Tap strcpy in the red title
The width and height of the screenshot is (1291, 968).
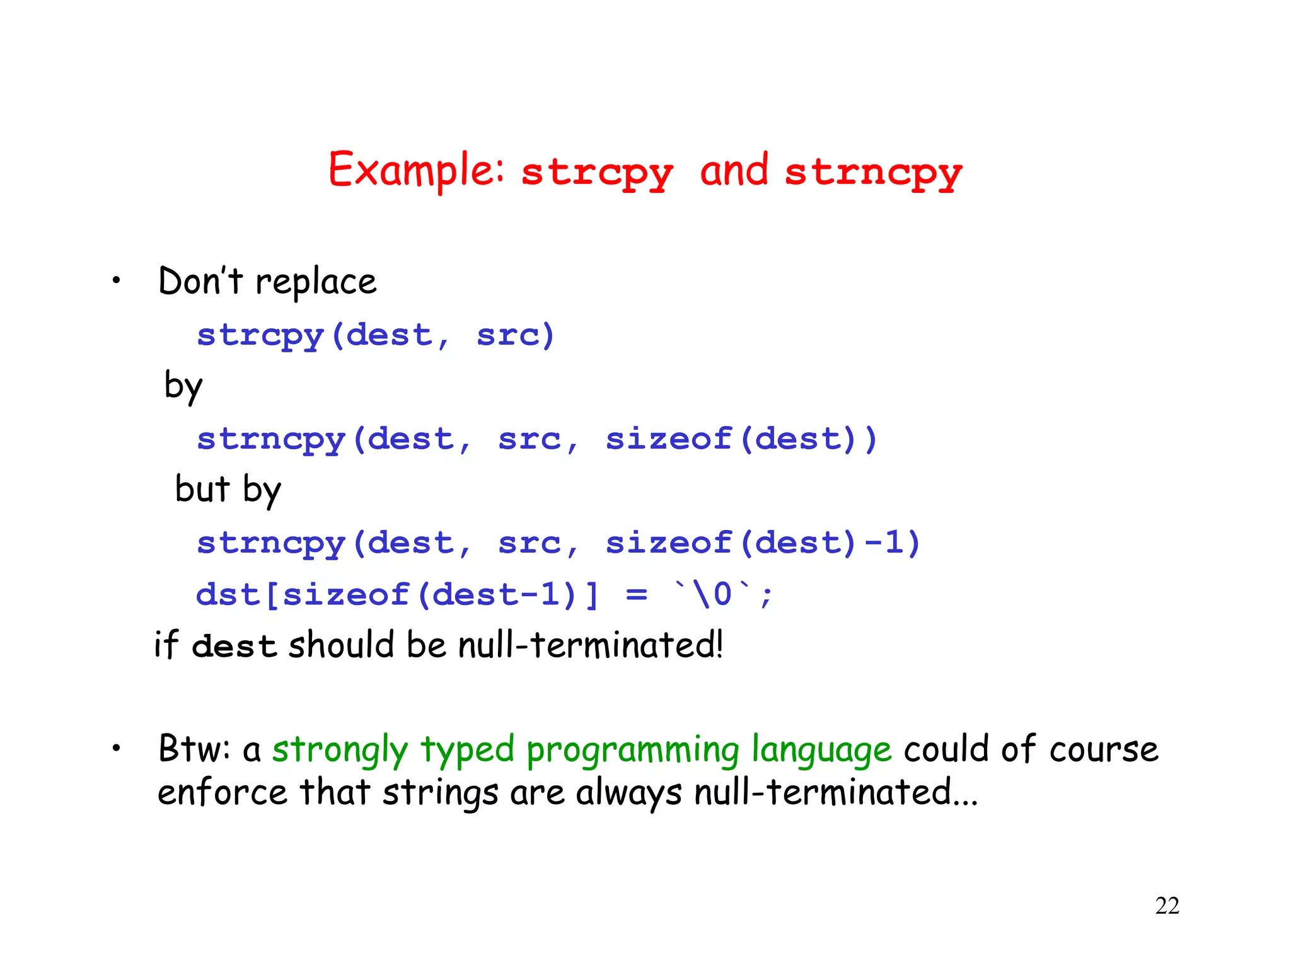597,172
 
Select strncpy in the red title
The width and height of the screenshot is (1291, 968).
874,172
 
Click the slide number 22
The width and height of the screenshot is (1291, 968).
1167,906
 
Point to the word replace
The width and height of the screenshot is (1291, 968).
316,282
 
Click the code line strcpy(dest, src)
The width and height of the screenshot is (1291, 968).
376,335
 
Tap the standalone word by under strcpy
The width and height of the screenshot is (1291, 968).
183,386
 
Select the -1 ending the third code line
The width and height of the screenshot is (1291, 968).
883,543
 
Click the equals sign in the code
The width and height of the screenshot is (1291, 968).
637,594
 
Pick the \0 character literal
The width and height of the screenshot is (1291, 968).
714,594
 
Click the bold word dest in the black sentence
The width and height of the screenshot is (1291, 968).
234,647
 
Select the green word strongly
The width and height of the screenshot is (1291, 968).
340,750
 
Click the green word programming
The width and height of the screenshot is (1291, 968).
632,750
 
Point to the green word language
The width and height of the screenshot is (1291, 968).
821,750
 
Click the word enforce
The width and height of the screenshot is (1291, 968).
222,792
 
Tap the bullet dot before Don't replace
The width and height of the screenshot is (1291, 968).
116,281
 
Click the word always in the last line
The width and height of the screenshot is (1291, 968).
628,792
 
